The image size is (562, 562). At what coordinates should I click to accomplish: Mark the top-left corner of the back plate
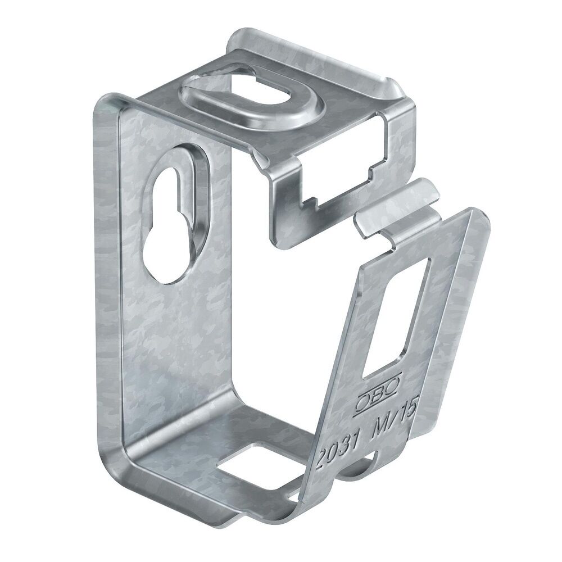(x=101, y=107)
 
